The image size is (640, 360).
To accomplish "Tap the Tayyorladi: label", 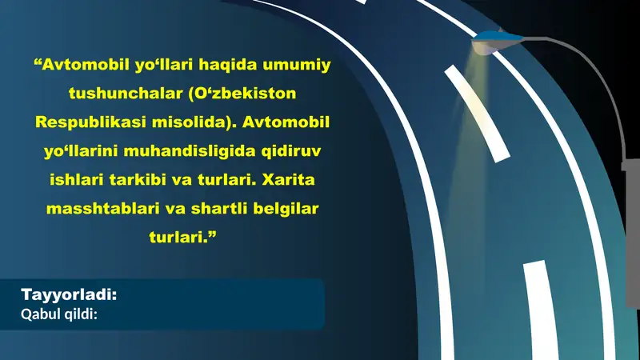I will click(x=70, y=294).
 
